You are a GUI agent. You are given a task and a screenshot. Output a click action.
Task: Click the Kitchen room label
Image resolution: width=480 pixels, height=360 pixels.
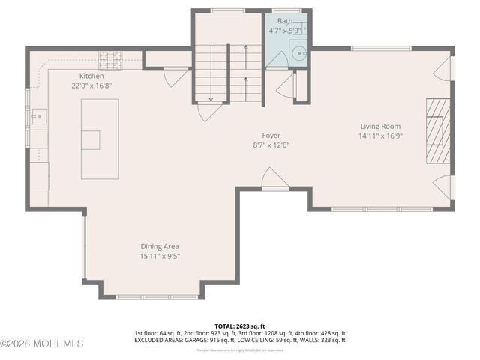pyautogui.click(x=91, y=76)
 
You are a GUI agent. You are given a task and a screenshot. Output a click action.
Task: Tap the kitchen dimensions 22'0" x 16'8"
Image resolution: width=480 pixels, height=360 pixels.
pyautogui.click(x=91, y=86)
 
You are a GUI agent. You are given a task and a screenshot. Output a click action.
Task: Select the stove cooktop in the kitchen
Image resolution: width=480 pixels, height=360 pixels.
pyautogui.click(x=111, y=55)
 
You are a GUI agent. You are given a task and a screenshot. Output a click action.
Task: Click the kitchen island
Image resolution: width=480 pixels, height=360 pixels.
pyautogui.click(x=100, y=139)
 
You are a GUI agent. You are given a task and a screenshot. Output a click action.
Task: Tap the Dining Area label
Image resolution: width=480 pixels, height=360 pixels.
pyautogui.click(x=160, y=246)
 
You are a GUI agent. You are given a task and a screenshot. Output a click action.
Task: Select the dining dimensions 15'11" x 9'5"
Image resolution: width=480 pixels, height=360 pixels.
pyautogui.click(x=160, y=256)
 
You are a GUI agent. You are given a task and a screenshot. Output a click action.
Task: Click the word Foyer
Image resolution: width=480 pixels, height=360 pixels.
pyautogui.click(x=271, y=136)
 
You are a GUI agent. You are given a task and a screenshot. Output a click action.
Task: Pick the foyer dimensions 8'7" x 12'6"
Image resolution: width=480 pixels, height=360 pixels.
pyautogui.click(x=271, y=145)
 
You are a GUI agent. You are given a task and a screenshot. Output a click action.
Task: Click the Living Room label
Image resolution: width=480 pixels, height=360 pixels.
pyautogui.click(x=380, y=127)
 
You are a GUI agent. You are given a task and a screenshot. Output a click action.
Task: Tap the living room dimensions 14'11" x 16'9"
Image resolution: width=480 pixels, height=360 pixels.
pyautogui.click(x=380, y=136)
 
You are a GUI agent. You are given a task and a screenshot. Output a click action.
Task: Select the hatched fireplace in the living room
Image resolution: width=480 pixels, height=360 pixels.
pyautogui.click(x=438, y=130)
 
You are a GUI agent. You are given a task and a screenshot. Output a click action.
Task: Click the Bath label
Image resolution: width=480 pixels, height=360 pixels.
pyautogui.click(x=285, y=21)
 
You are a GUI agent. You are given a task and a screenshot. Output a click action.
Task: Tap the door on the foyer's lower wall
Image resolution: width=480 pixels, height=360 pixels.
pyautogui.click(x=274, y=180)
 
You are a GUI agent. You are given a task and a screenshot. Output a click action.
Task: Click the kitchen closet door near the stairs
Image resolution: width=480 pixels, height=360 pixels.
pyautogui.click(x=177, y=76)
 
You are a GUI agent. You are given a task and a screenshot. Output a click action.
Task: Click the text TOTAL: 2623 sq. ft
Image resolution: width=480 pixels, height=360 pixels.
pyautogui.click(x=239, y=325)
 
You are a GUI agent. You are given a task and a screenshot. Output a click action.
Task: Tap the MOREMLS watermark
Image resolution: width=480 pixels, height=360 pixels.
pyautogui.click(x=42, y=343)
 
